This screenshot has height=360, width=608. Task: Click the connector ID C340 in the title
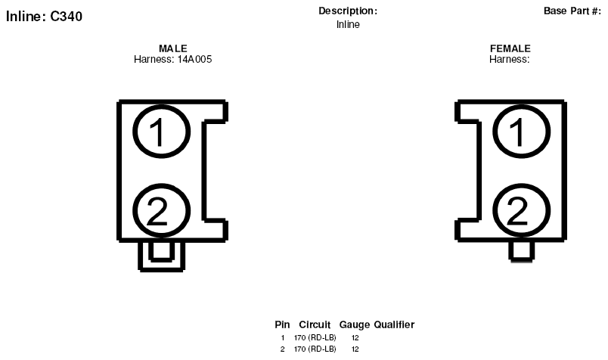(67, 17)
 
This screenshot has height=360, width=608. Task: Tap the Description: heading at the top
(348, 11)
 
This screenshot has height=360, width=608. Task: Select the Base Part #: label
(572, 11)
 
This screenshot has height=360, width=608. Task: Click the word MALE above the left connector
(173, 48)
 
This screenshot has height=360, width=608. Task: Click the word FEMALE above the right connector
(510, 48)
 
